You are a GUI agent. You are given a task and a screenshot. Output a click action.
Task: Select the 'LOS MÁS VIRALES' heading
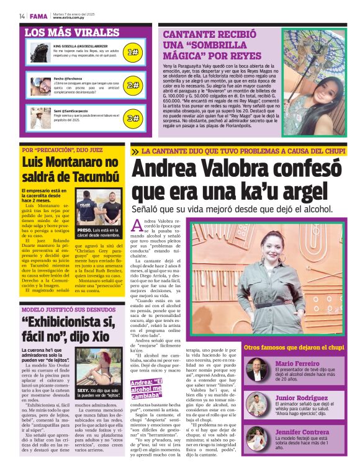[71, 32]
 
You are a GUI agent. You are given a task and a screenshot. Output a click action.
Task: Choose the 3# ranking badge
[132, 117]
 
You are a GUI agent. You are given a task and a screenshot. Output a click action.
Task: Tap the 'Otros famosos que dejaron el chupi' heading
[294, 347]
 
